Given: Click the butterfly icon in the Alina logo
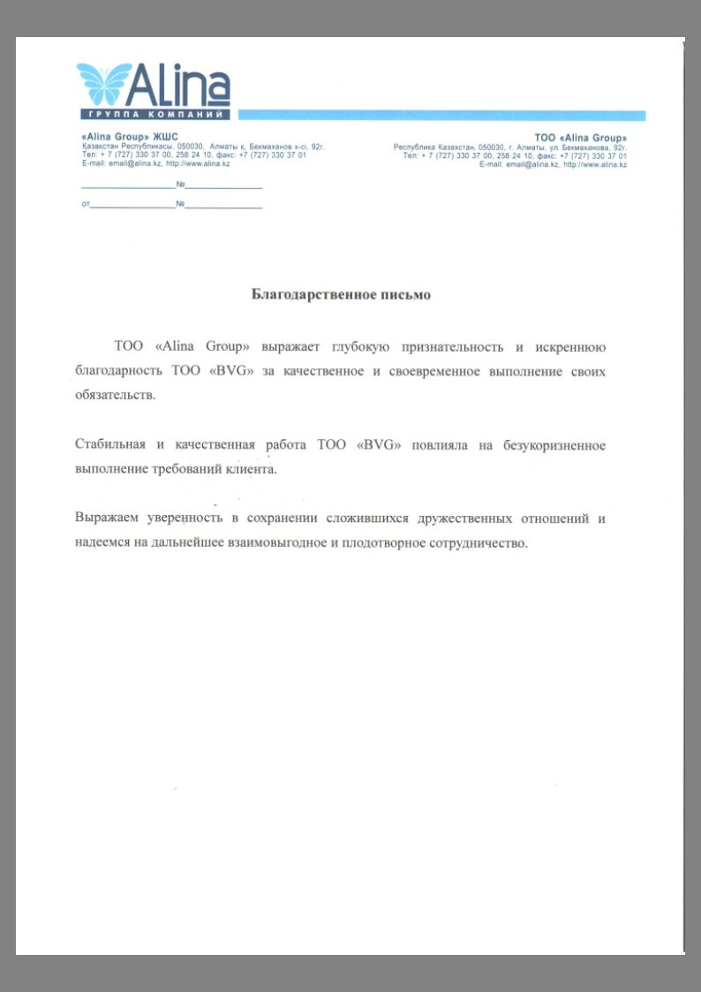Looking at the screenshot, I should pyautogui.click(x=104, y=84).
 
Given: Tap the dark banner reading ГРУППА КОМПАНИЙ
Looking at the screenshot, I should pyautogui.click(x=155, y=115).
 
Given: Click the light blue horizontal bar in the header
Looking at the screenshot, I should pyautogui.click(x=441, y=116).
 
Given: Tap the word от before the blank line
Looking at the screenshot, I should pyautogui.click(x=85, y=205).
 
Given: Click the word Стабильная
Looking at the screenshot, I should pyautogui.click(x=110, y=445).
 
